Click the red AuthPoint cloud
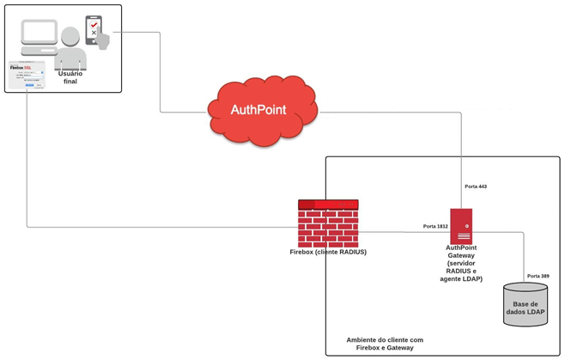(262, 110)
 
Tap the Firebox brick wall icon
(328, 223)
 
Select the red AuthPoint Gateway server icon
(461, 226)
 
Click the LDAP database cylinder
(525, 304)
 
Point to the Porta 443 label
(476, 186)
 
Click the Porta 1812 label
(435, 226)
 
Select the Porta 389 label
(538, 276)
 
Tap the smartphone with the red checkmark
(93, 27)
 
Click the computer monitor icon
(39, 35)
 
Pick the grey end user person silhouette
(70, 51)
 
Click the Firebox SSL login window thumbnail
(27, 75)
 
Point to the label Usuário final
(70, 77)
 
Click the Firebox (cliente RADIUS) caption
(328, 253)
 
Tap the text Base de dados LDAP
(525, 308)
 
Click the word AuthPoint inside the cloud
(258, 110)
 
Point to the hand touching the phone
(102, 39)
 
